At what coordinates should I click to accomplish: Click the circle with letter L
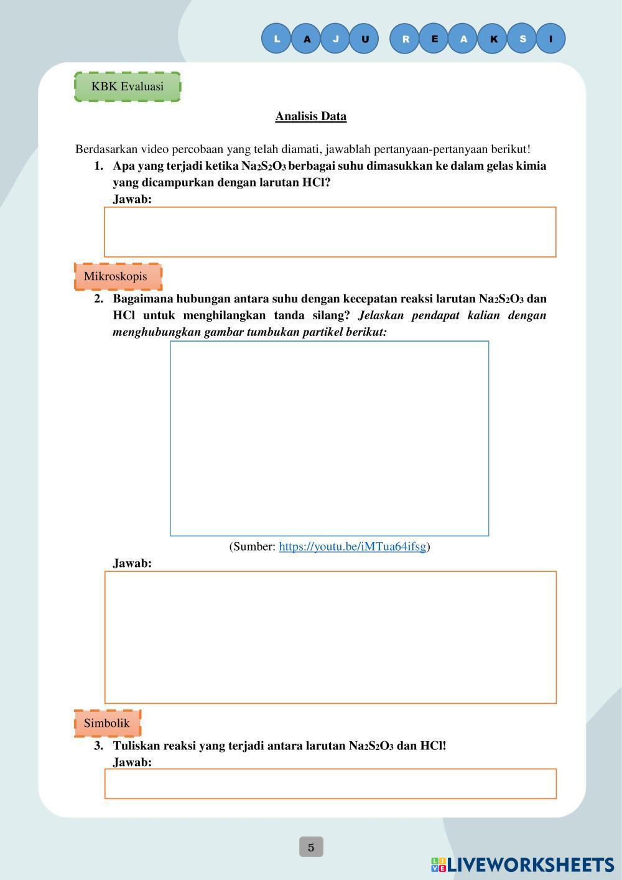click(277, 39)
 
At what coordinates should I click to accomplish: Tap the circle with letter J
click(336, 39)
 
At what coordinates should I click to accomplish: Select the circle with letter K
click(493, 39)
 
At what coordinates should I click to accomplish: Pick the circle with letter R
click(406, 39)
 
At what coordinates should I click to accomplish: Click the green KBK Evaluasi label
click(128, 87)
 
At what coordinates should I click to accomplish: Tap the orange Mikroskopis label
click(116, 276)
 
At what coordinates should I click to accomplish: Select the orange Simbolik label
click(107, 723)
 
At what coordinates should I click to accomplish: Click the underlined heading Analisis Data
click(311, 116)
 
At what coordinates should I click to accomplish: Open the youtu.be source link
click(352, 546)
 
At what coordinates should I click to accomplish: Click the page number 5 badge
click(311, 847)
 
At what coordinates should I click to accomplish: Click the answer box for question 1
click(330, 232)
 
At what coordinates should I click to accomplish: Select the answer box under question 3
click(330, 784)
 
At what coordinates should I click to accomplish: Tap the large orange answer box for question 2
click(330, 637)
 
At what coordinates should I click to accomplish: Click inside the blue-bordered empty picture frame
click(330, 438)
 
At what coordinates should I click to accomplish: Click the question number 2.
click(98, 299)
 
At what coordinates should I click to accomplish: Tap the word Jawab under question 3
click(132, 762)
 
